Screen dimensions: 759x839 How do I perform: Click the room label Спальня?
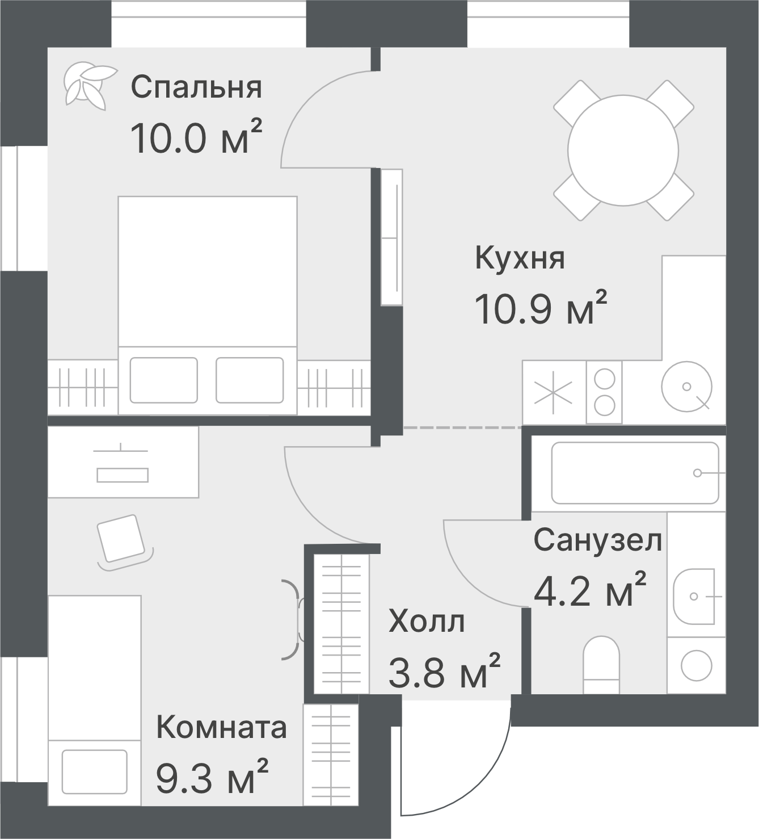196,87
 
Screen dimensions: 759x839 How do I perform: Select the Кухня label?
520,259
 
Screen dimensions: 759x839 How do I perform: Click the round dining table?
623,150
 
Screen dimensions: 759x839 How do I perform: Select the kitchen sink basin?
686,387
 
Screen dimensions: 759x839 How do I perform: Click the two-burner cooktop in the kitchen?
604,392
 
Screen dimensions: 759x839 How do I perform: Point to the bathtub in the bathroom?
635,473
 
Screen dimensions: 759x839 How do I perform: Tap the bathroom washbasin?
694,597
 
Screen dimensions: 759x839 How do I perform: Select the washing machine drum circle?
696,665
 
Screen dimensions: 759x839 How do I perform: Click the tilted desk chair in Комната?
121,538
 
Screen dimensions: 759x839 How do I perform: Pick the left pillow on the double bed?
163,380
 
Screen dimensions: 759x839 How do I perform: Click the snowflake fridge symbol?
554,392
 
